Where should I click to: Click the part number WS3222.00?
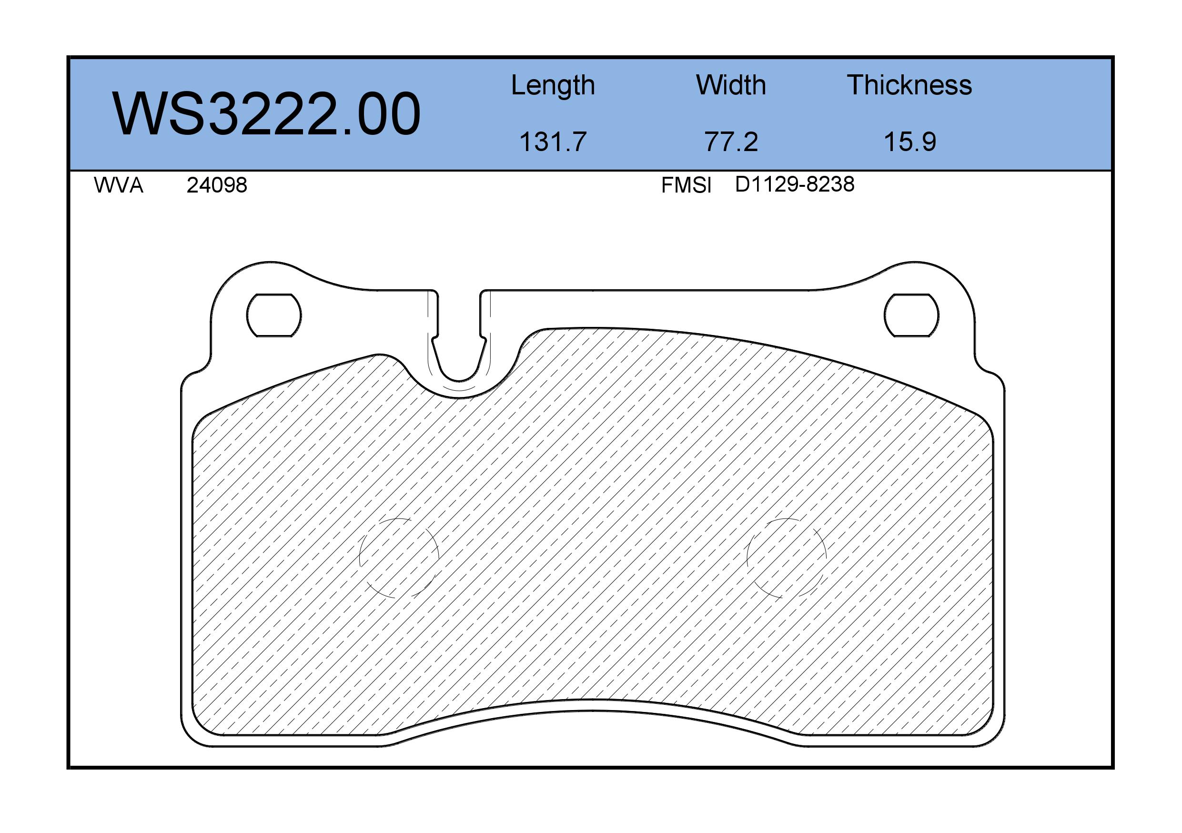click(266, 114)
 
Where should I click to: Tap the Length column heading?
click(553, 86)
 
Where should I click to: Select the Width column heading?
click(731, 85)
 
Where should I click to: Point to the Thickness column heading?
click(909, 85)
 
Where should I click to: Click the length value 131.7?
click(553, 142)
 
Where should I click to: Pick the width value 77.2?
click(731, 142)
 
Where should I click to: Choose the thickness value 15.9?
click(909, 142)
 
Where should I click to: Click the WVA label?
click(119, 185)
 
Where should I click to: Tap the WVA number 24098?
click(217, 185)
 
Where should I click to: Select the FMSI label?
click(686, 185)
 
